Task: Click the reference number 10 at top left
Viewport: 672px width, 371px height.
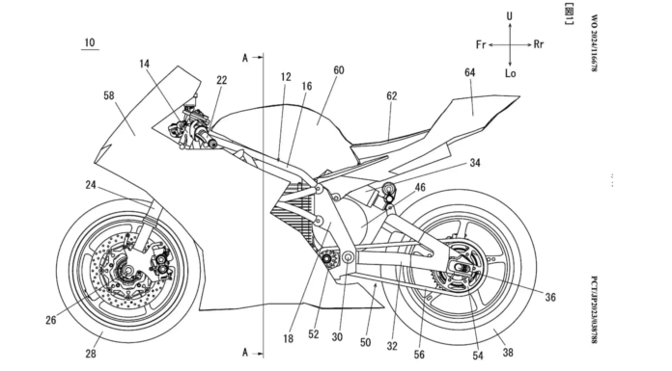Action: click(90, 42)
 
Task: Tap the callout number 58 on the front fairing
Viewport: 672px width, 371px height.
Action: click(109, 95)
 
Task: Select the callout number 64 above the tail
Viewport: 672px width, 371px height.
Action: click(469, 72)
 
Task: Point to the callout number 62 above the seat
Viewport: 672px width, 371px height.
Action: click(392, 95)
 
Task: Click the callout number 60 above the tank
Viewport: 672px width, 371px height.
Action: click(339, 70)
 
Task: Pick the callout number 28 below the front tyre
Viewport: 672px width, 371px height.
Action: click(91, 354)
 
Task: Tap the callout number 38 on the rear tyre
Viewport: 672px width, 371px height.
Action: click(508, 352)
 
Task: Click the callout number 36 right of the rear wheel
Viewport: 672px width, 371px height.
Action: click(550, 297)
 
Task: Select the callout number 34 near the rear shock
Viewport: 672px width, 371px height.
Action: click(475, 163)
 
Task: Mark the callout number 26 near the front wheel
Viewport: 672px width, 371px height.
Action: click(50, 320)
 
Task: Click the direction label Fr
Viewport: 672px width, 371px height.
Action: click(481, 44)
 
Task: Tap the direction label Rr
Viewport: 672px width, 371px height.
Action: click(539, 44)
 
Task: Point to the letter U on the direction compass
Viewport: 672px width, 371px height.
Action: click(509, 16)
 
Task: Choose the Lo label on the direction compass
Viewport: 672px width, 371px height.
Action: click(510, 73)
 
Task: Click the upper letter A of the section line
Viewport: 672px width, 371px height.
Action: click(245, 58)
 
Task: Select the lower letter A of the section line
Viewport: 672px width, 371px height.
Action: click(245, 352)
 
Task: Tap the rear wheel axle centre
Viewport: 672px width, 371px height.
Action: click(459, 268)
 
